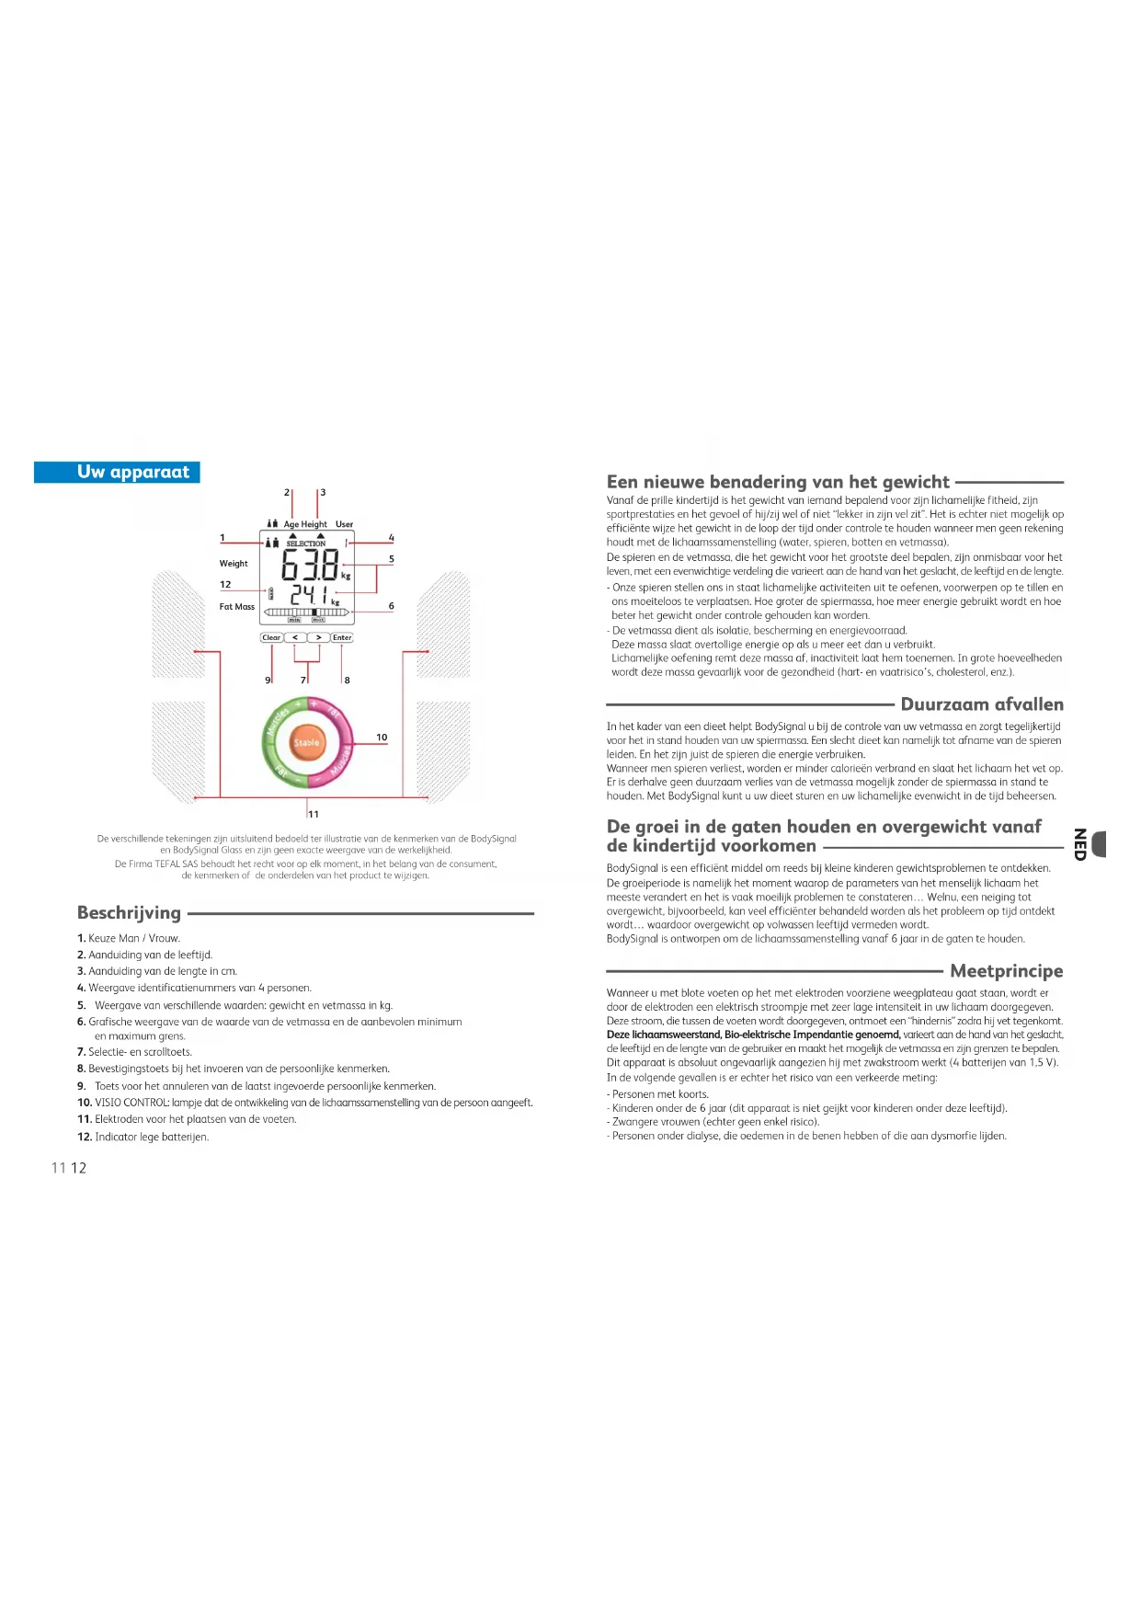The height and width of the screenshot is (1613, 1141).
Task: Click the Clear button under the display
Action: [271, 637]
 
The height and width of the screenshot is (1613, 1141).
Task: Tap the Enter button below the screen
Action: [342, 637]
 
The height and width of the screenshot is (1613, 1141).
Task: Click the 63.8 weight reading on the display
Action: [310, 566]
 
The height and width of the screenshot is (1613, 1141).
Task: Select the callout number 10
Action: [382, 738]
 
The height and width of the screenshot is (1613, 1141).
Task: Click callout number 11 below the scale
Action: [314, 814]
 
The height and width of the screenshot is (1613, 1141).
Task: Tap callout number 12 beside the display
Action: [225, 584]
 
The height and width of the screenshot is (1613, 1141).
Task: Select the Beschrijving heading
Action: [130, 912]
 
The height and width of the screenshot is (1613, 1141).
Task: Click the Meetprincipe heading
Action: [1006, 971]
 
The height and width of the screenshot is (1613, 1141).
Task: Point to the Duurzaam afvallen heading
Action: [982, 704]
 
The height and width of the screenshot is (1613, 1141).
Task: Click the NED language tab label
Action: [1080, 844]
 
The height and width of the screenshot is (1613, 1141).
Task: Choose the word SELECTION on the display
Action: [306, 543]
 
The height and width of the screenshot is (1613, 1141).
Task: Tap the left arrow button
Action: [295, 637]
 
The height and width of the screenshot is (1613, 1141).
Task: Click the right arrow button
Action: [318, 637]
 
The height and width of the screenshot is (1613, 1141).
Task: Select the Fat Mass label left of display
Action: [237, 607]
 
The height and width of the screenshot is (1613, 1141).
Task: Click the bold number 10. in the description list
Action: [85, 1103]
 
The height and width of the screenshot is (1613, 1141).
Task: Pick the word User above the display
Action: [344, 524]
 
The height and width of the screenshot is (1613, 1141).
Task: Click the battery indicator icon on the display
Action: [270, 594]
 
